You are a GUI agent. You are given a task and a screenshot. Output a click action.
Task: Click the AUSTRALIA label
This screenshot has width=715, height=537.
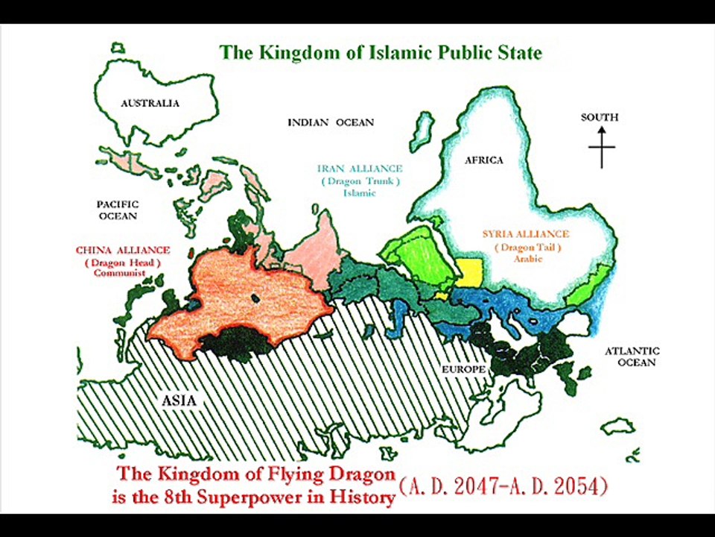click(150, 104)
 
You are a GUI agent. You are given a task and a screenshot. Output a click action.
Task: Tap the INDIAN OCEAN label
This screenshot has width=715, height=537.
click(331, 122)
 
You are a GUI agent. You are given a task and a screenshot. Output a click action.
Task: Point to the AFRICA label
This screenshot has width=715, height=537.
click(484, 160)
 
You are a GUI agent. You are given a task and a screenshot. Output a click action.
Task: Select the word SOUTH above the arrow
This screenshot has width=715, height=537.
click(600, 117)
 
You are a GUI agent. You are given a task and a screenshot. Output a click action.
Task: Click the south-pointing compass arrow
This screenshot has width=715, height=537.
click(601, 145)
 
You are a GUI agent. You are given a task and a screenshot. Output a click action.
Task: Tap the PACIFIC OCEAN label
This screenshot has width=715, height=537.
click(118, 210)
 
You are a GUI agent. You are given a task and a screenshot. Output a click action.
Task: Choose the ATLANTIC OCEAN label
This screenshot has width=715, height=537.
click(631, 357)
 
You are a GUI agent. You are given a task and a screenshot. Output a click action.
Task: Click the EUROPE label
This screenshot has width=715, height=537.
click(463, 370)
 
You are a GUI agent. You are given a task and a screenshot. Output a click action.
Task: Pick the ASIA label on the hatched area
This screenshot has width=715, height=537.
click(179, 401)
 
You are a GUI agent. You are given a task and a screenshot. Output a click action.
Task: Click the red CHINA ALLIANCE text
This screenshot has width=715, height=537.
click(123, 250)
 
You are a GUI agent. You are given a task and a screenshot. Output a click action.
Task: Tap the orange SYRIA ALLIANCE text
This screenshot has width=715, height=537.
click(526, 234)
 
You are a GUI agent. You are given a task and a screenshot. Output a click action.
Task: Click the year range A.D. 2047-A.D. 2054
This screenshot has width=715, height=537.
click(503, 487)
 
